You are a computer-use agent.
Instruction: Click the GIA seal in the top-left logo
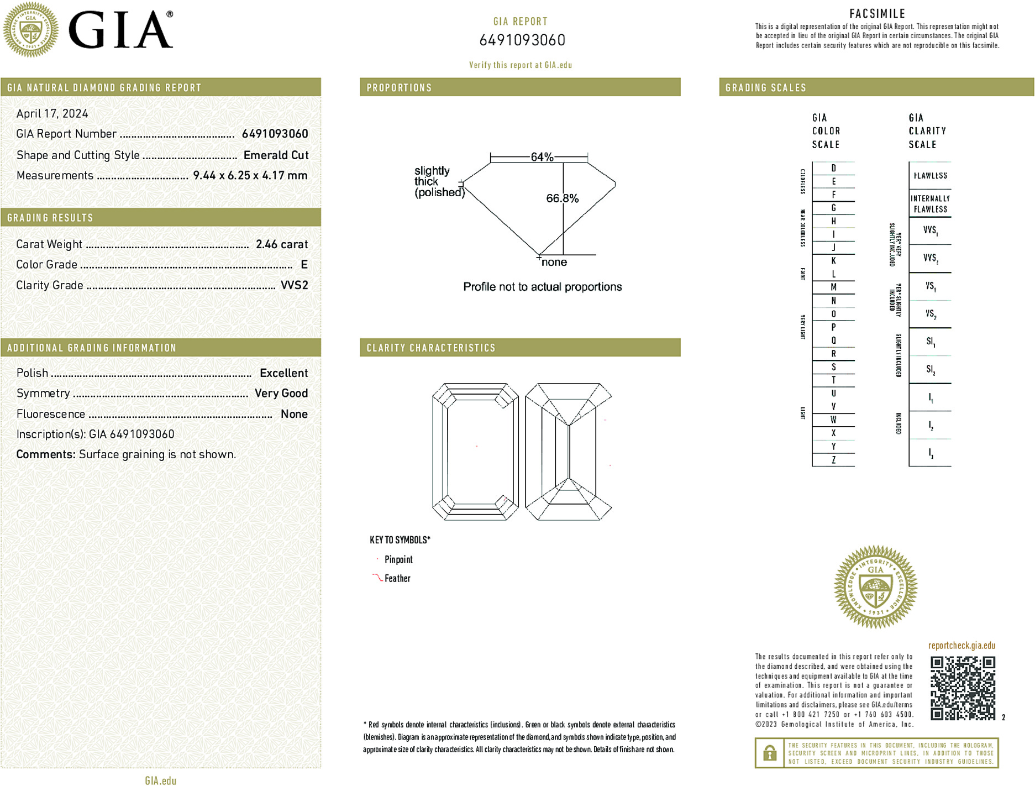[30, 29]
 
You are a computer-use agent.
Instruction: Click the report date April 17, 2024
[52, 114]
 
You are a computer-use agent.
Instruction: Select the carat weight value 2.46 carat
[282, 244]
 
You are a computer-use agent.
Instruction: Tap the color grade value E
[304, 265]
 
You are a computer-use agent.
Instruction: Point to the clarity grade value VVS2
[294, 285]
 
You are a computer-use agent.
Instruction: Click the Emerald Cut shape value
[276, 155]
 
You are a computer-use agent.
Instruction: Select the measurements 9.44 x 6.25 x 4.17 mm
[250, 176]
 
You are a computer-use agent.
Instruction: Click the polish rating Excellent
[283, 373]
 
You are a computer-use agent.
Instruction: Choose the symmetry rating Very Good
[281, 394]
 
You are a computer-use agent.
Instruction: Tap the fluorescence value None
[294, 414]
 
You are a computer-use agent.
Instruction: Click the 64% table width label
[542, 157]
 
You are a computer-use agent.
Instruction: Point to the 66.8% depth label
[562, 198]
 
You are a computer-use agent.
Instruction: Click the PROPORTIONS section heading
[399, 88]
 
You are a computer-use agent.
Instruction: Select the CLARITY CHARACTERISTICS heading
[431, 348]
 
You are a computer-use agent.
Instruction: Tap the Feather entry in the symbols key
[397, 578]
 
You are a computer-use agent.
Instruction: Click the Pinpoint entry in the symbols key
[398, 559]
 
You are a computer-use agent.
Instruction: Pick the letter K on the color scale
[833, 261]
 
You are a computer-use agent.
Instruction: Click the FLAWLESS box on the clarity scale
[930, 176]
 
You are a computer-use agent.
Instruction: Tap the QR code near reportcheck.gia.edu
[963, 688]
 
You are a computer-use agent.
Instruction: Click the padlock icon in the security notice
[769, 753]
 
